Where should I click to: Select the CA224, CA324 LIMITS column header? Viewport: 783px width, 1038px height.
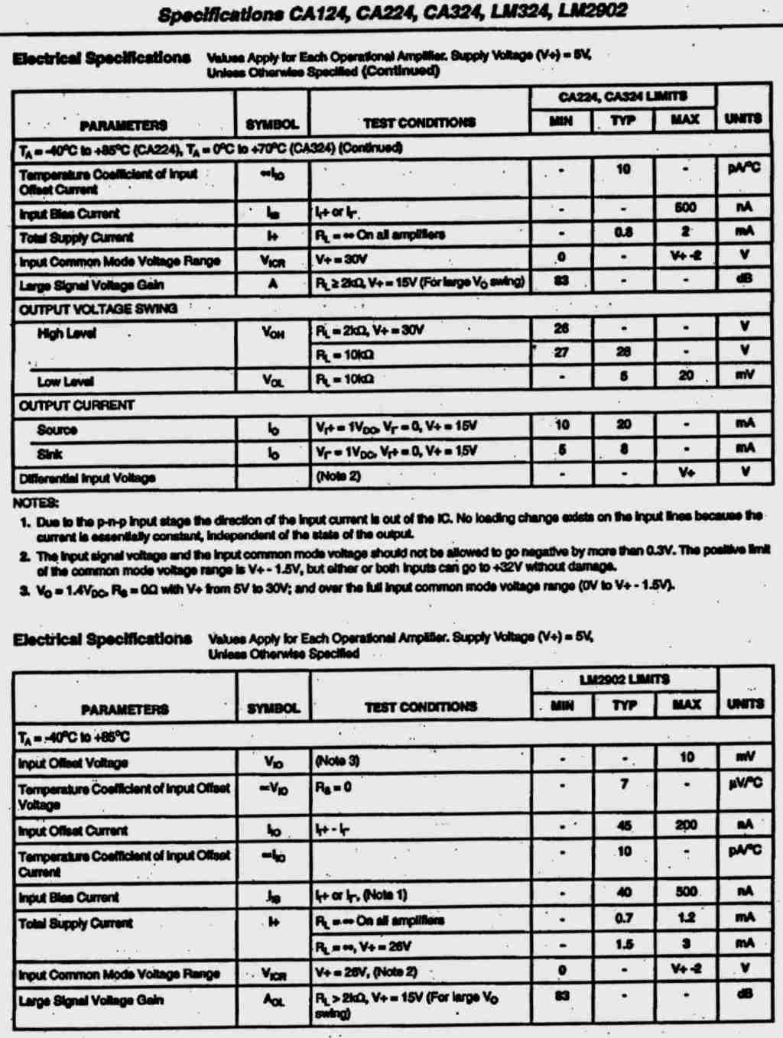coord(622,96)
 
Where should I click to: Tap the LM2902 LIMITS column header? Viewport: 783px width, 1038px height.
coord(624,680)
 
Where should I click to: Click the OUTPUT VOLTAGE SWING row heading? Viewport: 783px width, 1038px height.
coord(98,309)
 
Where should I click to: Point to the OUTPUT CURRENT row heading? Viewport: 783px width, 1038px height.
coord(76,405)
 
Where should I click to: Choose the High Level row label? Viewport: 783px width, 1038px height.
coord(67,333)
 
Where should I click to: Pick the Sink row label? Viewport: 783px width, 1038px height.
coord(50,454)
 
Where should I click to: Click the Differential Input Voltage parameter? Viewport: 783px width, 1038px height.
coord(87,478)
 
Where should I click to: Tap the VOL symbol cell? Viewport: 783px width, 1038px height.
coord(273,380)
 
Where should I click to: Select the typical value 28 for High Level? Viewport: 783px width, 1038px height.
coord(624,352)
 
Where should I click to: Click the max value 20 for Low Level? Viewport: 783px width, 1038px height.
coord(686,375)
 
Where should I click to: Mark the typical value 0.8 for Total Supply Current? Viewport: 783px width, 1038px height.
coord(624,232)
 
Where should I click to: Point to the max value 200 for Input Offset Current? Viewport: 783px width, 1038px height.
coord(686,825)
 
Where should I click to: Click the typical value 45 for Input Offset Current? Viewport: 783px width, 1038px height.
coord(625,825)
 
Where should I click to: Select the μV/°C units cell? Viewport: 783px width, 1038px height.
coord(745,783)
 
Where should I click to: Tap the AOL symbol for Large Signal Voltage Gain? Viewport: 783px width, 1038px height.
coord(274,1001)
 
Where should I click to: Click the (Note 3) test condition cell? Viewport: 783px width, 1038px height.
coord(337,761)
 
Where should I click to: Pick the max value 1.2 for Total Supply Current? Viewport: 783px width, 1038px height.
coord(686,918)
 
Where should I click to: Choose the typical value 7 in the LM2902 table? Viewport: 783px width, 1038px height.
coord(625,783)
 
